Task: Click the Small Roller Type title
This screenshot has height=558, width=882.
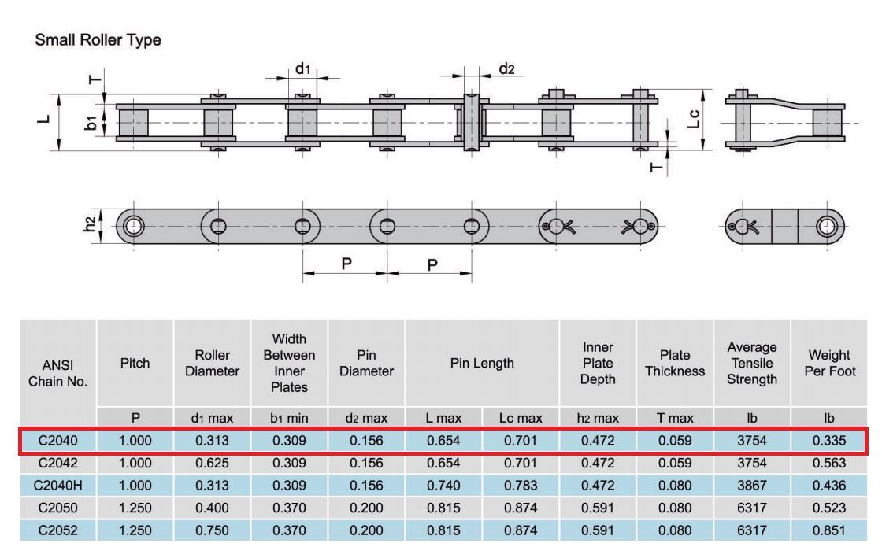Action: (x=98, y=40)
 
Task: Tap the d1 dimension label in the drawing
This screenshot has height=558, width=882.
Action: (x=302, y=69)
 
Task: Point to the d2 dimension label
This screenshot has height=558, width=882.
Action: (x=506, y=68)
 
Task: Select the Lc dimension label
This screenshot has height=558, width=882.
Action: (x=694, y=119)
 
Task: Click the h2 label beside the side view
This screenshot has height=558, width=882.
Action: (x=90, y=224)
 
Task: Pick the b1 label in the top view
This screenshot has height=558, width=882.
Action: (x=91, y=123)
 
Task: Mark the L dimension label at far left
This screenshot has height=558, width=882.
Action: (x=44, y=119)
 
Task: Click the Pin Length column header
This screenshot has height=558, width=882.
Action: (x=482, y=363)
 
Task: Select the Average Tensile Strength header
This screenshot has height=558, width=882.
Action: (x=752, y=363)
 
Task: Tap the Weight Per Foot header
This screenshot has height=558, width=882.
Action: (x=830, y=363)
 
